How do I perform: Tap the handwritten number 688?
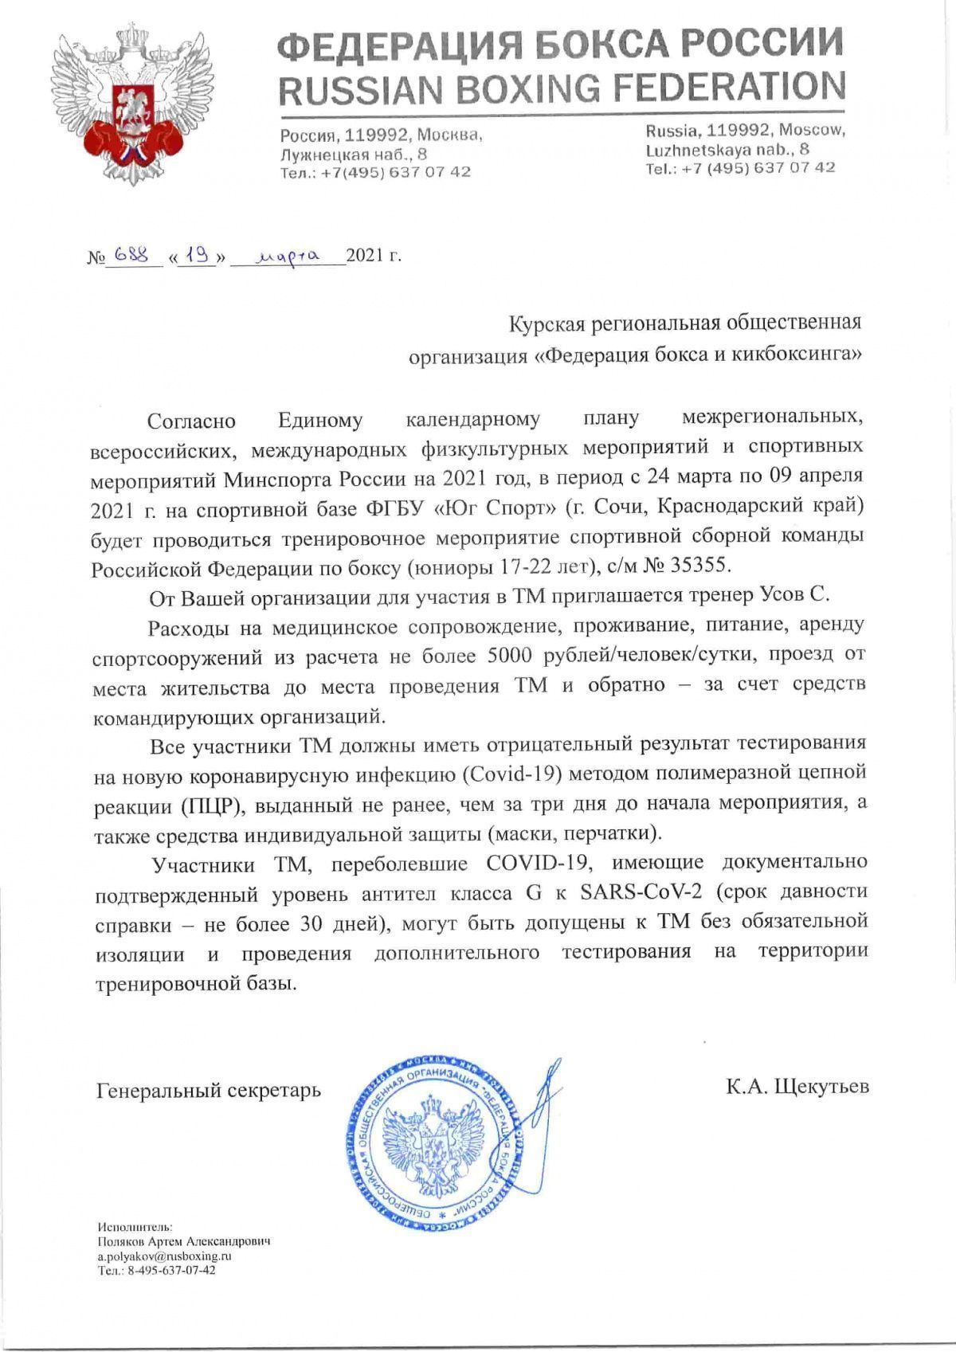tap(132, 254)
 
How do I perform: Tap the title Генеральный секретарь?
tap(209, 1089)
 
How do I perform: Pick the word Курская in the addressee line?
tap(554, 323)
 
